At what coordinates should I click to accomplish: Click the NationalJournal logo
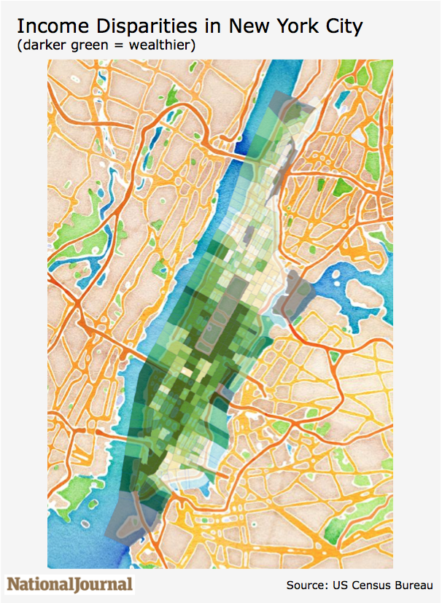(70, 584)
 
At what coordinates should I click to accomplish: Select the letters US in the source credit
(345, 585)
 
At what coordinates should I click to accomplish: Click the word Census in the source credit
(376, 585)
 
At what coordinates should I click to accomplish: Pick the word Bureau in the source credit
(416, 585)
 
